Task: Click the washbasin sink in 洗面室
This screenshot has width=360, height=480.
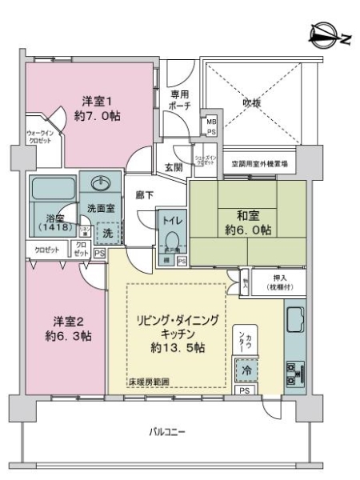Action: click(100, 190)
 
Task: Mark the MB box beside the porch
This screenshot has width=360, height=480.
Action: click(211, 122)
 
